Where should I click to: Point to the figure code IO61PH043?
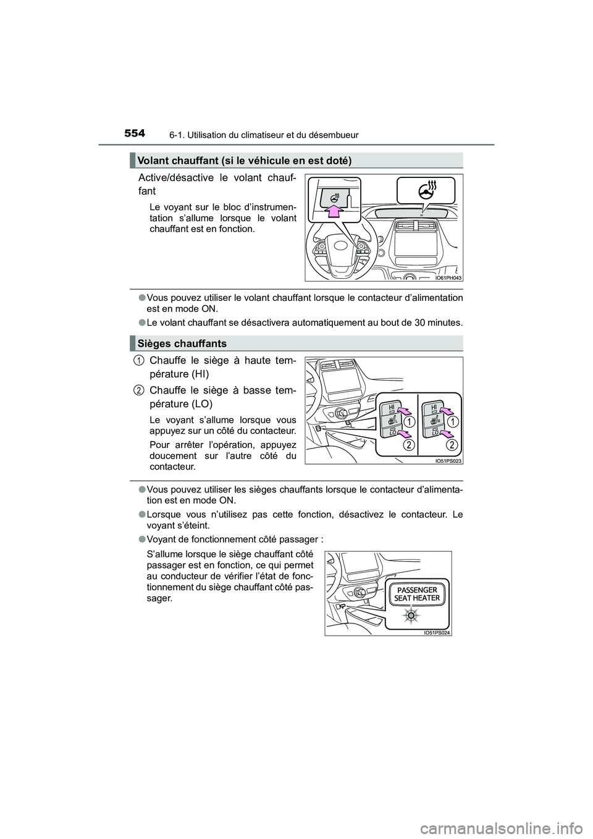[x=448, y=278]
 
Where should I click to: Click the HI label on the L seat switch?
[x=391, y=407]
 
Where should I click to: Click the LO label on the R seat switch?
[x=435, y=432]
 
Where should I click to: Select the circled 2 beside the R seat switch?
[x=452, y=445]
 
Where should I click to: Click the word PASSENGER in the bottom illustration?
[x=417, y=589]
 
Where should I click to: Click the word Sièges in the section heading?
[x=155, y=344]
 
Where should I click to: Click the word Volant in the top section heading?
[x=151, y=161]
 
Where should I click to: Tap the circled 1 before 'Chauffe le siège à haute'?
[x=138, y=360]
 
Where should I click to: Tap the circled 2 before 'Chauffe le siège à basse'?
[x=138, y=390]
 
